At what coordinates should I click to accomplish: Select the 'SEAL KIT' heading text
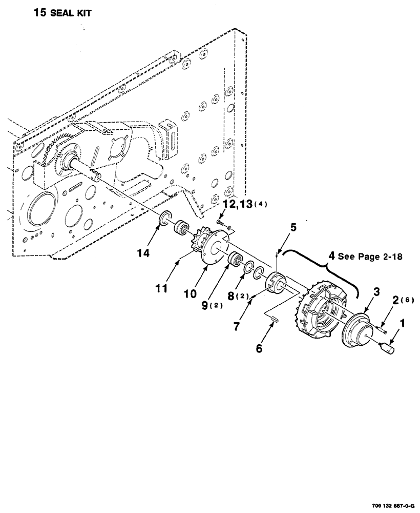click(71, 14)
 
